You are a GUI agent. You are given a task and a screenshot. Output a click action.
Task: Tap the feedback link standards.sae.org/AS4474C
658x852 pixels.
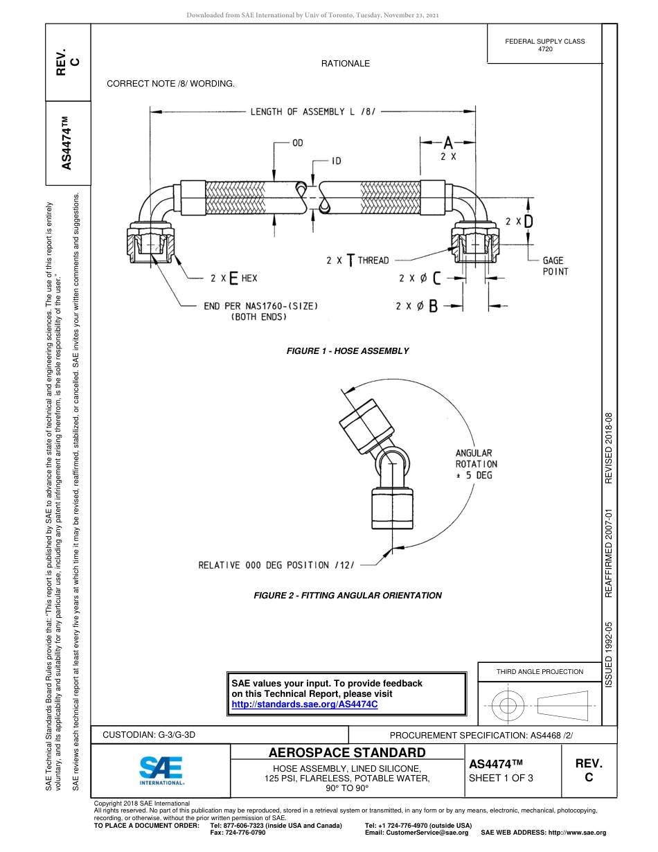tap(304, 704)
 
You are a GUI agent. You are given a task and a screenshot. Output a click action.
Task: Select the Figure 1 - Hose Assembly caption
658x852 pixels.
tap(348, 351)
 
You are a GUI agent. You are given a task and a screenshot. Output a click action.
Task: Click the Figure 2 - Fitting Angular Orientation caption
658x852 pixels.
tap(348, 595)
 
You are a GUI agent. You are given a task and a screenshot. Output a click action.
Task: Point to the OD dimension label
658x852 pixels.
tap(297, 143)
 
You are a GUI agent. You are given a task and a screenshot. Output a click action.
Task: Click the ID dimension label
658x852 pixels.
tap(336, 161)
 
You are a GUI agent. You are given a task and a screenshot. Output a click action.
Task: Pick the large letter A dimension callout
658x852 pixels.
tap(448, 143)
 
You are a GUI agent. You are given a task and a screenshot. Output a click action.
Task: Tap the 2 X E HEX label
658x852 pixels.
tap(233, 278)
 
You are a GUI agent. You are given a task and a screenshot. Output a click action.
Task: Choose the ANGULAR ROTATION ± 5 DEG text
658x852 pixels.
tap(476, 464)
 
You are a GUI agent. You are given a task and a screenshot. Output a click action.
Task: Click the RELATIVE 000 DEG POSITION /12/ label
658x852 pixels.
tap(276, 565)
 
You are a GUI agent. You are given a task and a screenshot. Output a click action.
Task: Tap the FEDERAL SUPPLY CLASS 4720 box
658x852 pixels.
tap(545, 45)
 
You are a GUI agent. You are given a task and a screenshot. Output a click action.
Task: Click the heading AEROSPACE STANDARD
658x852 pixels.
tap(347, 752)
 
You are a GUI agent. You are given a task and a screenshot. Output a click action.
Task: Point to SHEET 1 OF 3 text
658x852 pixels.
tap(501, 778)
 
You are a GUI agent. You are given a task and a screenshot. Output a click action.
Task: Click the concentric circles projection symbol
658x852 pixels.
tap(508, 706)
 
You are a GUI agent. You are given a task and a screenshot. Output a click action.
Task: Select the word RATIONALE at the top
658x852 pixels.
tap(345, 64)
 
